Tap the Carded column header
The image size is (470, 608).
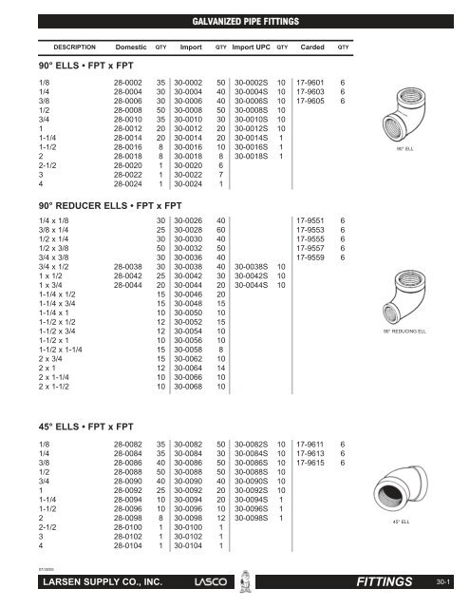tap(312, 46)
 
